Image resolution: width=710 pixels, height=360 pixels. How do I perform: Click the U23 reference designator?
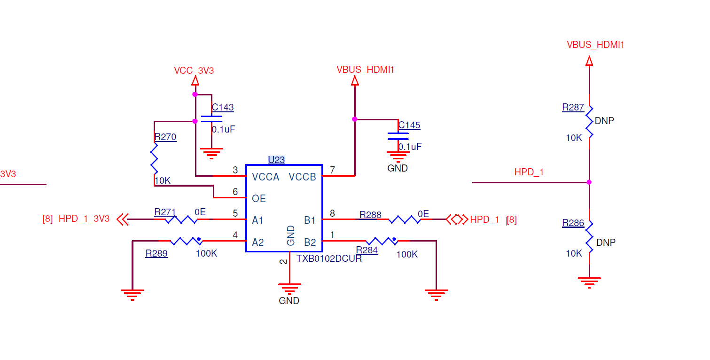click(x=276, y=160)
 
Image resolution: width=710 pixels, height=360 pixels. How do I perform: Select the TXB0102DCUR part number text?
click(x=329, y=258)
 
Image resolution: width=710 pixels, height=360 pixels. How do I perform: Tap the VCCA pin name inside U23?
click(x=265, y=177)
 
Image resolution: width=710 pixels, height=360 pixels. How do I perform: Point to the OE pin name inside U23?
click(x=258, y=199)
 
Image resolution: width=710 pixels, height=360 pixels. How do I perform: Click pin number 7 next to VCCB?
click(x=332, y=170)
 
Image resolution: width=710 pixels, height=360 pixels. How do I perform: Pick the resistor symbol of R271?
click(x=181, y=219)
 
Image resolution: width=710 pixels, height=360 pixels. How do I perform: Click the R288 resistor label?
click(x=370, y=215)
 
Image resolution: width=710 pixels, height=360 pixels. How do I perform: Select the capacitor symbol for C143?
click(x=211, y=119)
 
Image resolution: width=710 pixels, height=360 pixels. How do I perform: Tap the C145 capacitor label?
click(x=409, y=125)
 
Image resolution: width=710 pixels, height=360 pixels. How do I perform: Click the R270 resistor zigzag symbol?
click(x=154, y=158)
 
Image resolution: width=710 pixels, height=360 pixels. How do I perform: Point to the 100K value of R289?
click(x=206, y=253)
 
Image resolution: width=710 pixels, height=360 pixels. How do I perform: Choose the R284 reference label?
click(x=367, y=250)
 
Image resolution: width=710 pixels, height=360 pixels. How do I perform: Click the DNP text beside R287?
click(x=604, y=121)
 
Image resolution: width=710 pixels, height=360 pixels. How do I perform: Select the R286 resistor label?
click(x=573, y=223)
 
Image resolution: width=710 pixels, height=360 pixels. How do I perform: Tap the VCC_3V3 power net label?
click(x=194, y=70)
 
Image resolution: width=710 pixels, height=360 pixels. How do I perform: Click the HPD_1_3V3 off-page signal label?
click(x=84, y=219)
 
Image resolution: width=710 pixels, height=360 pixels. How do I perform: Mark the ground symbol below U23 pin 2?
click(x=289, y=289)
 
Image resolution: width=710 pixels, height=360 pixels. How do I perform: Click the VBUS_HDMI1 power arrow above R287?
click(x=589, y=61)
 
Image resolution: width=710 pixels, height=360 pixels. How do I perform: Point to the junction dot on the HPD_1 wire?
click(x=589, y=182)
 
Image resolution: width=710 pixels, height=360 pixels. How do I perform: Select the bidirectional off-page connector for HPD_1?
click(x=457, y=219)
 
